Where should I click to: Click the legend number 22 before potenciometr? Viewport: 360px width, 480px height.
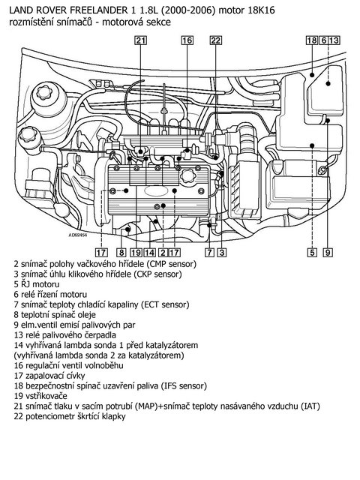click(19, 417)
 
